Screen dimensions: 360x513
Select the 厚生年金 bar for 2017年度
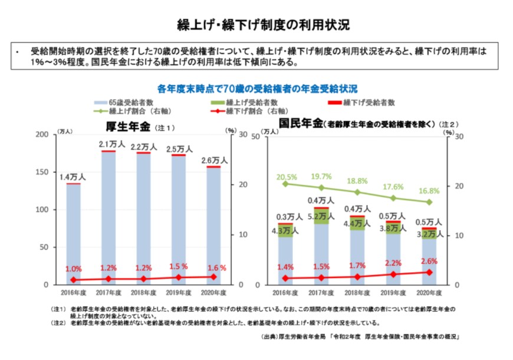tap(108, 218)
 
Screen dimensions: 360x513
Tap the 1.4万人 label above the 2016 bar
tap(73, 176)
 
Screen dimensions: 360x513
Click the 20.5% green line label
tap(285, 176)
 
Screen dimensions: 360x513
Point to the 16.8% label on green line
tap(429, 191)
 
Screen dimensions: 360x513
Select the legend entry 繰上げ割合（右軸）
tap(131, 111)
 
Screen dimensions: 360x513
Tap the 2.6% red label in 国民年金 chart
tap(429, 261)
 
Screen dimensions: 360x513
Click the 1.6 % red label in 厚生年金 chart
tap(216, 267)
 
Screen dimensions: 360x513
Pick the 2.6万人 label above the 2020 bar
tap(213, 160)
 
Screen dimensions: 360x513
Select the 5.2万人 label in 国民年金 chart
tap(321, 217)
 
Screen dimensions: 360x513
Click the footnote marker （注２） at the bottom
tap(60, 323)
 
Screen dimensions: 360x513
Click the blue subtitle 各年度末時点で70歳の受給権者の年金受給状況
tap(257, 89)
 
